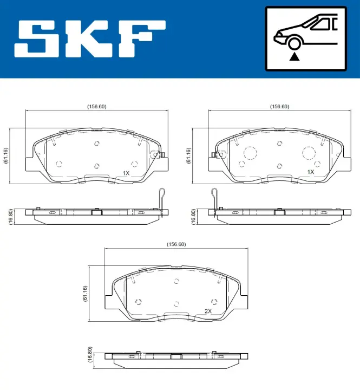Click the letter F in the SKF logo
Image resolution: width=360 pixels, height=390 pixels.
tap(142, 39)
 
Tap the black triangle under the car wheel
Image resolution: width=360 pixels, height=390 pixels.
tap(294, 57)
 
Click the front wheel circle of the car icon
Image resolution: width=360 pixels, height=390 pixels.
tap(294, 43)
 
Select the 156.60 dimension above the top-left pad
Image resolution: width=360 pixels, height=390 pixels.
tap(97, 107)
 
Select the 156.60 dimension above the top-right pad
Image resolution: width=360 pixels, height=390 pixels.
tap(280, 107)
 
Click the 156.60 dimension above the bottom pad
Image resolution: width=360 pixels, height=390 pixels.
tap(176, 244)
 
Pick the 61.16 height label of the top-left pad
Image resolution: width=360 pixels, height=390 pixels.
tap(6, 155)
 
